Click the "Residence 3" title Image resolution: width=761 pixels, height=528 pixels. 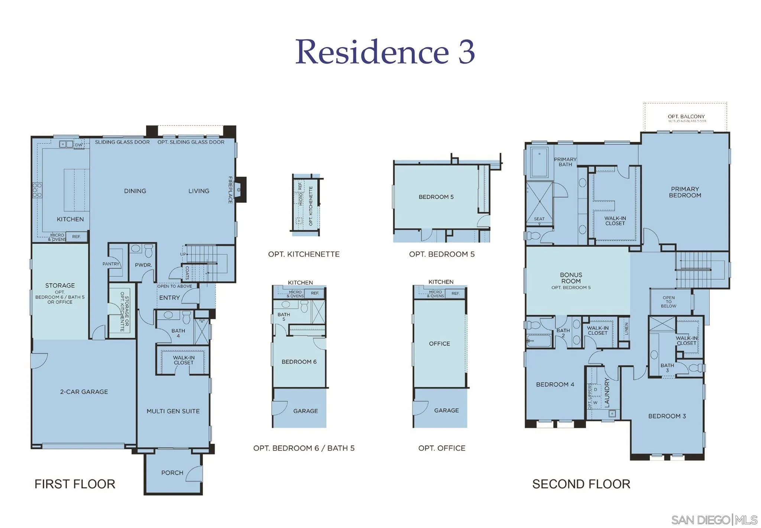click(x=385, y=52)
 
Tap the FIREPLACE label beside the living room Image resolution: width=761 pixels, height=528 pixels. click(x=230, y=190)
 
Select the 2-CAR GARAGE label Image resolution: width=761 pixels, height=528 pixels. click(x=84, y=392)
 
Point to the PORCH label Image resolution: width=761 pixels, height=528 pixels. click(x=172, y=473)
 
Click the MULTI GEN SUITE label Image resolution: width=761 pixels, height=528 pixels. click(x=173, y=411)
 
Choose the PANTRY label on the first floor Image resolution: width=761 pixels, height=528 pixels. click(x=111, y=264)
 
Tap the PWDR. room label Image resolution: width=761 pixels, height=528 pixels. click(x=143, y=265)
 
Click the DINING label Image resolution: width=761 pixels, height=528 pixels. click(x=135, y=191)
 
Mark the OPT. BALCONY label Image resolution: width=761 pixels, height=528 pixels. click(x=686, y=117)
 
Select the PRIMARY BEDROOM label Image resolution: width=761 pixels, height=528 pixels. click(x=685, y=192)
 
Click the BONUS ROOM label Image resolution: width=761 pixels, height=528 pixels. click(x=571, y=278)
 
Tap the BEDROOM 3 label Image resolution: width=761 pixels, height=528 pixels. click(x=667, y=416)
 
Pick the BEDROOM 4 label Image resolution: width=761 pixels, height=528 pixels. click(x=555, y=384)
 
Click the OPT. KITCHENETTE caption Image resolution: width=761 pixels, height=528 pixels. click(x=304, y=254)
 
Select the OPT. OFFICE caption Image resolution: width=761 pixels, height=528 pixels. click(x=441, y=448)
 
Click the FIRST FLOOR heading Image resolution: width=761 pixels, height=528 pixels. click(x=75, y=484)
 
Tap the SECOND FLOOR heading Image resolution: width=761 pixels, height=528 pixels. click(x=581, y=484)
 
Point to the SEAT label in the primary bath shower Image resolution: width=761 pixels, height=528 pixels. click(x=539, y=219)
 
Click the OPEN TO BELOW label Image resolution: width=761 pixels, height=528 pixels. click(x=668, y=302)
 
